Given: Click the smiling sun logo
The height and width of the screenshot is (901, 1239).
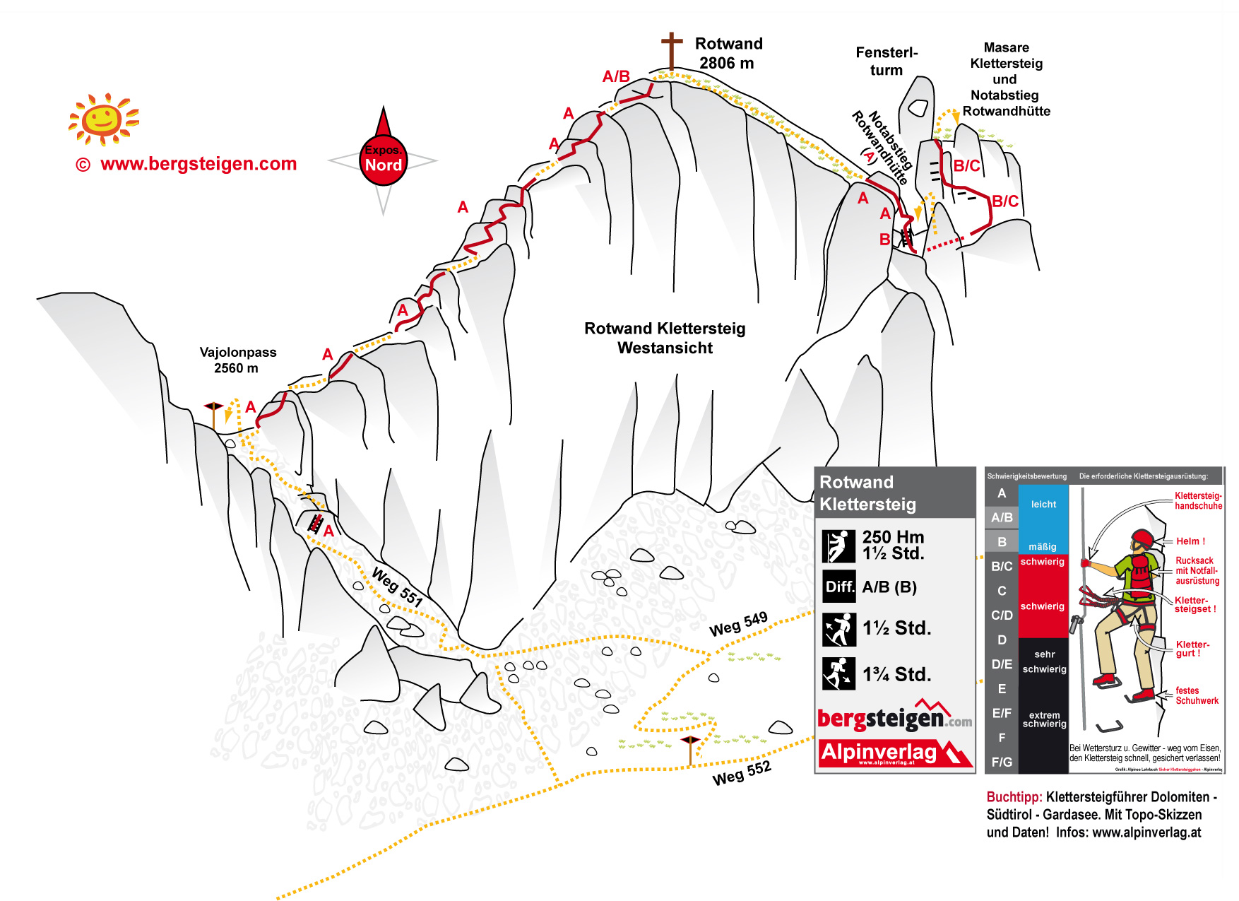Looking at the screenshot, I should pyautogui.click(x=103, y=119).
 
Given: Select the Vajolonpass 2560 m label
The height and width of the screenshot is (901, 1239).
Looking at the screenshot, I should pyautogui.click(x=237, y=360).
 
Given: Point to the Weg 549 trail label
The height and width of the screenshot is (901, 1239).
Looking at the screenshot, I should pyautogui.click(x=738, y=624).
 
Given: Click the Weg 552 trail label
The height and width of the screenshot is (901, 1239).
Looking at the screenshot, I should pyautogui.click(x=741, y=773).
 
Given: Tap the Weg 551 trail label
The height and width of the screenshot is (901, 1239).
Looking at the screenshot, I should pyautogui.click(x=397, y=587).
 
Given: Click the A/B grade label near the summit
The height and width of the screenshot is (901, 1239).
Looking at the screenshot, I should pyautogui.click(x=616, y=76).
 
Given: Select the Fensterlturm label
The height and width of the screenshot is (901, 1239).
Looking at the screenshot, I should pyautogui.click(x=887, y=61).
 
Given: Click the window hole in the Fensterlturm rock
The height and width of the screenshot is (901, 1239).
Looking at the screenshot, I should pyautogui.click(x=917, y=107).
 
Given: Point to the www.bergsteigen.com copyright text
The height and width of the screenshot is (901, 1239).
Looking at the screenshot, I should pyautogui.click(x=186, y=164).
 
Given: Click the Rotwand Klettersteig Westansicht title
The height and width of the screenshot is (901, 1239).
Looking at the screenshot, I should pyautogui.click(x=665, y=338).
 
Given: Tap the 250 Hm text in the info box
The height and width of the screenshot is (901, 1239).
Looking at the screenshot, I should pyautogui.click(x=893, y=537).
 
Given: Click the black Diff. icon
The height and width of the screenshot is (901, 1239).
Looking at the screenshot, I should pyautogui.click(x=839, y=587).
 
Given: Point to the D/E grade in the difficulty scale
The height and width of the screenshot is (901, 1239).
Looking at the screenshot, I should pyautogui.click(x=1002, y=664).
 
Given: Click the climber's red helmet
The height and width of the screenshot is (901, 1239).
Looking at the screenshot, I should pyautogui.click(x=1142, y=539).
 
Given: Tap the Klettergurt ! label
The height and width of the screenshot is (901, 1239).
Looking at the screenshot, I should pyautogui.click(x=1192, y=649).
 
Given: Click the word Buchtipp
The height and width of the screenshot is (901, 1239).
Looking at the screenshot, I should pyautogui.click(x=1014, y=797).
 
